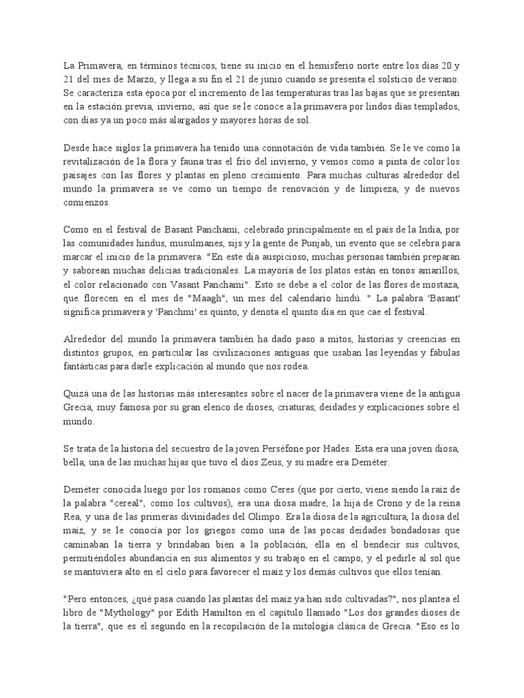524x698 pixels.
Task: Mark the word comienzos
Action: point(88,202)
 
